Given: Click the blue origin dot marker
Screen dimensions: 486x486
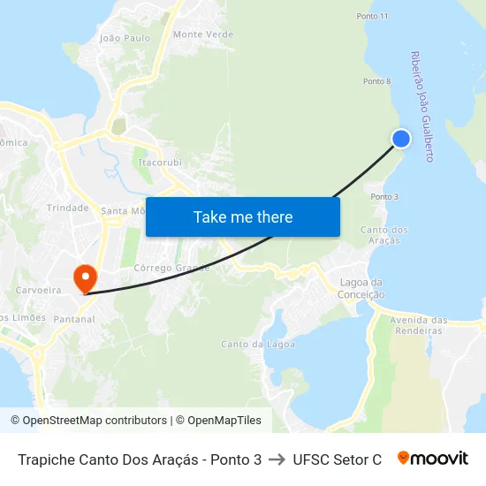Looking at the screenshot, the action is click(x=401, y=139).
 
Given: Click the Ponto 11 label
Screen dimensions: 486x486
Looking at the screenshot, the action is click(x=372, y=17).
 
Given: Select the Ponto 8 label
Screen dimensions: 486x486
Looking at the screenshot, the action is click(x=376, y=81).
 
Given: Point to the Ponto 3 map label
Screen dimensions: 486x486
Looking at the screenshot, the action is click(x=384, y=196).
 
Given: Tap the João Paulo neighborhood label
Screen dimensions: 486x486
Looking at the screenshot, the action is click(x=125, y=38).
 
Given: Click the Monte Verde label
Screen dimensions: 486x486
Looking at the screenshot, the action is click(x=203, y=34).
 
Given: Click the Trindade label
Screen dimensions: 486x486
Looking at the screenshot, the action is click(x=67, y=208).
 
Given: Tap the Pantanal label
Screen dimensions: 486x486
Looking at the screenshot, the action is click(x=74, y=319).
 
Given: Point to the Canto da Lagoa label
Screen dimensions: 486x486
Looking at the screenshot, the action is click(x=252, y=344).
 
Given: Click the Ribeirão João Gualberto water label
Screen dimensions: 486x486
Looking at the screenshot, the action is click(x=421, y=106).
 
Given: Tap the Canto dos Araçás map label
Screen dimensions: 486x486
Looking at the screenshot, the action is click(x=384, y=235).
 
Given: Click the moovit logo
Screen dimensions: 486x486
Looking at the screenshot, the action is click(x=433, y=459).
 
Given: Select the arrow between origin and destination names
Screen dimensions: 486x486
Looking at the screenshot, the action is click(x=277, y=459).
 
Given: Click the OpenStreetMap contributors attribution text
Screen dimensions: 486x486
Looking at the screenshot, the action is click(x=88, y=421).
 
